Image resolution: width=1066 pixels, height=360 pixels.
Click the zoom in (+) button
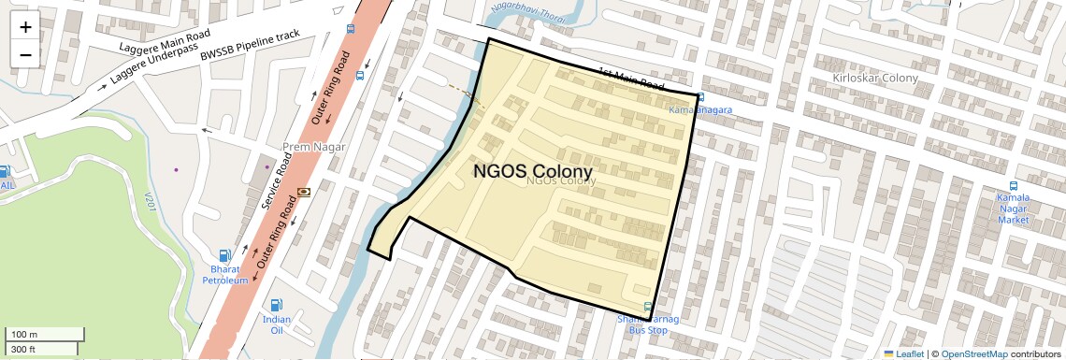coord(25,26)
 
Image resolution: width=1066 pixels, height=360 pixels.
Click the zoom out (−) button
coord(25,54)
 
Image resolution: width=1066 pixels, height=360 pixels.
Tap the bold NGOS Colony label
coord(533,172)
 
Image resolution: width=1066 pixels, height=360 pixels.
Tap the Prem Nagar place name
coord(314,148)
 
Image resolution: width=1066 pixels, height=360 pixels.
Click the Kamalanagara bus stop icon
coord(701,96)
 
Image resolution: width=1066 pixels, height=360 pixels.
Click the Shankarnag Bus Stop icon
coord(648,307)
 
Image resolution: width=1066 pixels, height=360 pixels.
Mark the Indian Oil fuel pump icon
coord(276,305)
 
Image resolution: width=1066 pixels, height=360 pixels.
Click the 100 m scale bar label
coord(24,335)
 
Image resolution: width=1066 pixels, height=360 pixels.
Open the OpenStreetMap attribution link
coord(973,353)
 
